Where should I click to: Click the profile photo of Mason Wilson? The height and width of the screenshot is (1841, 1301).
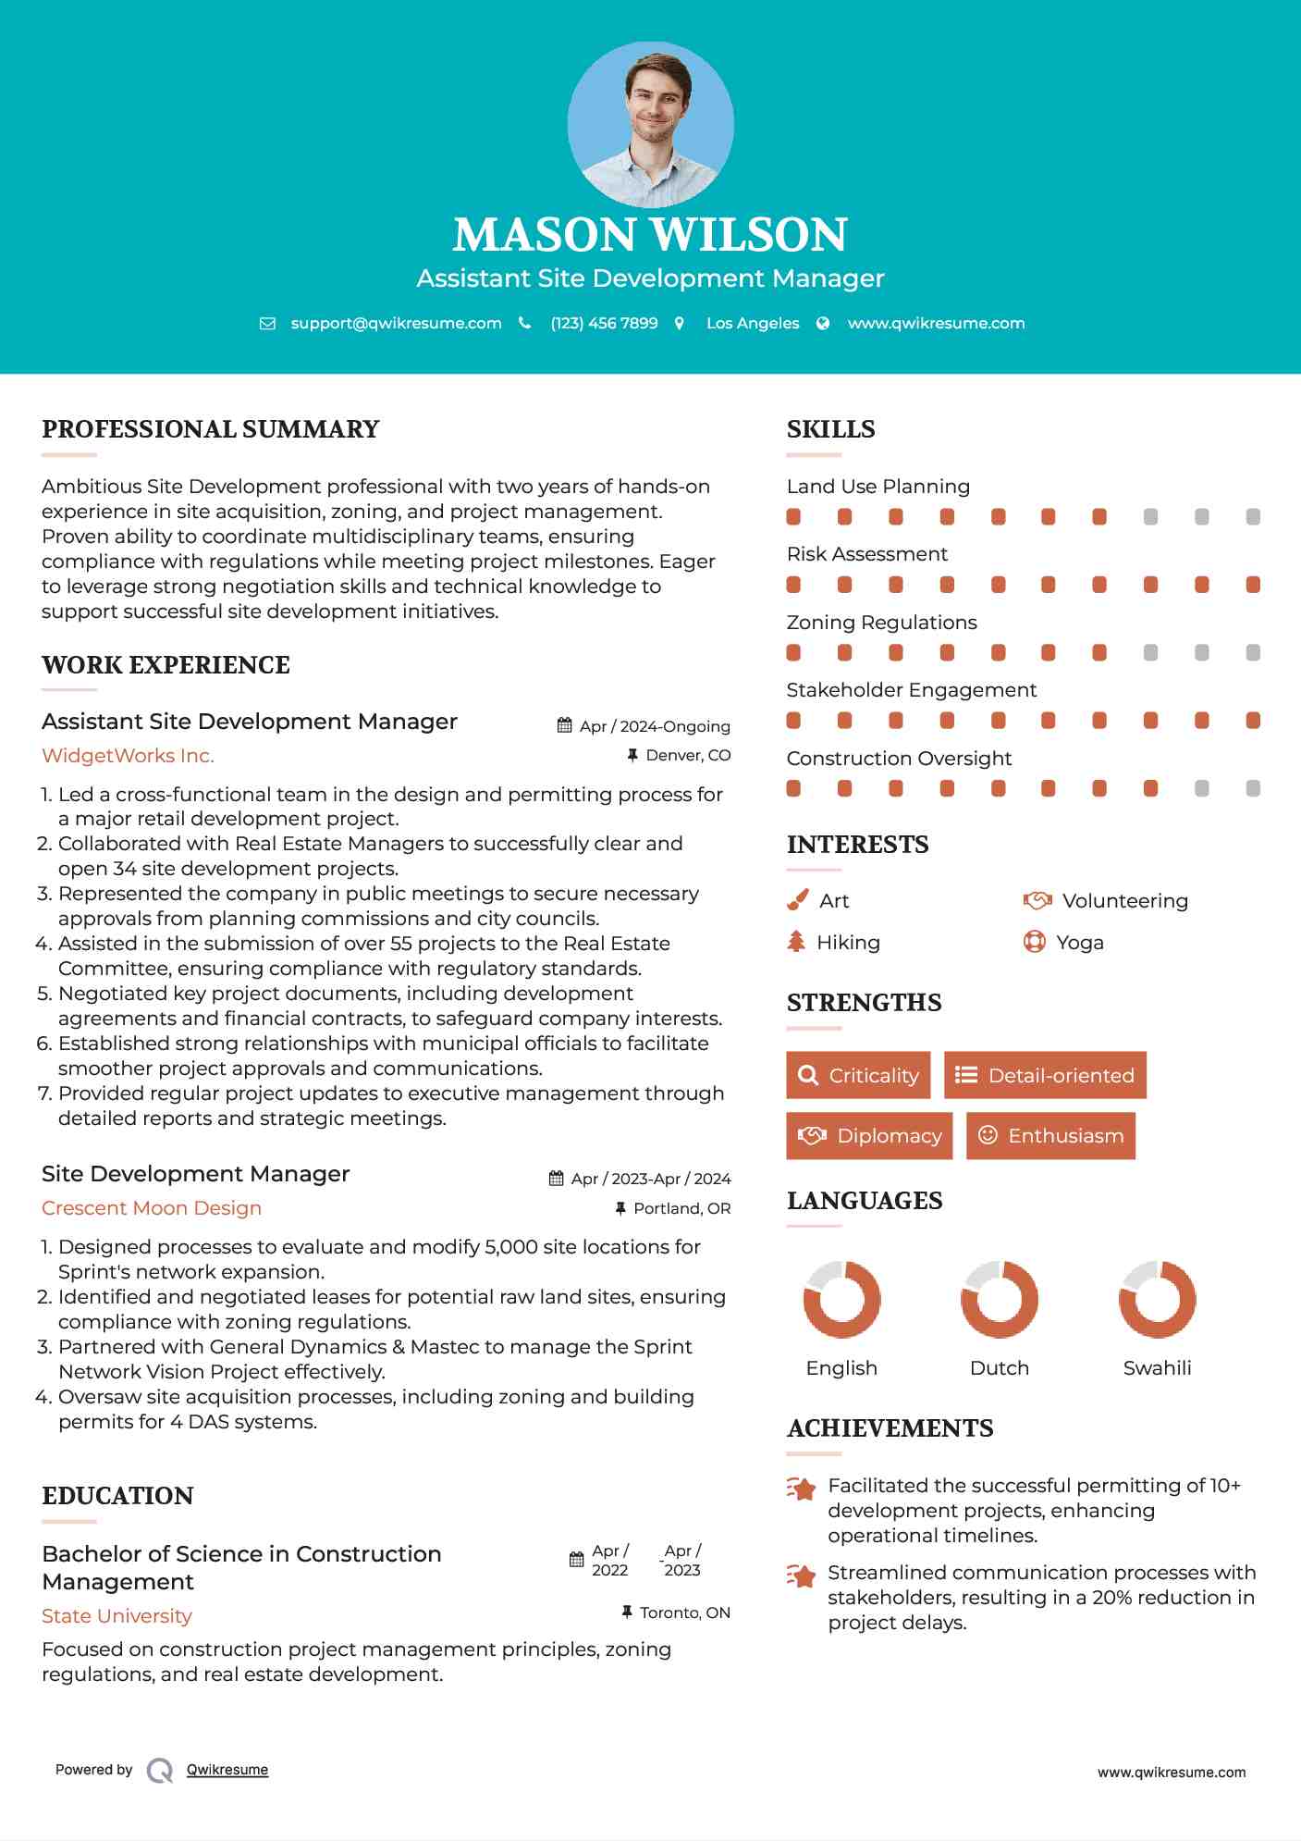pos(650,124)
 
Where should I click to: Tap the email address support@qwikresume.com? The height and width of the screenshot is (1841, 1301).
pos(396,323)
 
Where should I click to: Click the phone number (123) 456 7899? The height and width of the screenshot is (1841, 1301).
pos(604,323)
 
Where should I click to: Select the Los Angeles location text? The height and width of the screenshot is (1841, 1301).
pos(753,323)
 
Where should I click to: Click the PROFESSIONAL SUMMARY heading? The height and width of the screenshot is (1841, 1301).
pos(211,429)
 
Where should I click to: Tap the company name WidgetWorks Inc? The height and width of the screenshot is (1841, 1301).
pos(128,756)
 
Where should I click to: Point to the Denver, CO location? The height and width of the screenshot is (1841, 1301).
pos(688,756)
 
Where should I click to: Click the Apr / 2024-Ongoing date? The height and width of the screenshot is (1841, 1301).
pos(655,726)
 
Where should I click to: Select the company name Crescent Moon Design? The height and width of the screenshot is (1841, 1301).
pos(152,1208)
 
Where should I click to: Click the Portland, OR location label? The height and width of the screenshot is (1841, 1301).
pos(681,1208)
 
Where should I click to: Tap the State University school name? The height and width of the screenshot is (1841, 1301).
pos(117,1616)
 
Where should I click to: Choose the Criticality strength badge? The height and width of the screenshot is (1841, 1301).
pos(858,1075)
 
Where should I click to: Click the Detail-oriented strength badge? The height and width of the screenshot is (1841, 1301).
pos(1045,1075)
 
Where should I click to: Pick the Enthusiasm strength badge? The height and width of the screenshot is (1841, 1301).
pos(1050,1135)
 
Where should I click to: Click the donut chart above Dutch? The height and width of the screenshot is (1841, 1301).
pos(999,1299)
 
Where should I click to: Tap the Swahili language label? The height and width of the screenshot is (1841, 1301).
pos(1157,1368)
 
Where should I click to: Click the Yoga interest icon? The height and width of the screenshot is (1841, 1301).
pos(1035,942)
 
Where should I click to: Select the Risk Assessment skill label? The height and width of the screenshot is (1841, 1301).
pos(866,554)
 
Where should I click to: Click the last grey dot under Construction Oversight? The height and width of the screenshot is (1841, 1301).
pos(1253,788)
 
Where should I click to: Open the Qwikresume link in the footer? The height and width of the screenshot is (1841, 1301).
pos(227,1770)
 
